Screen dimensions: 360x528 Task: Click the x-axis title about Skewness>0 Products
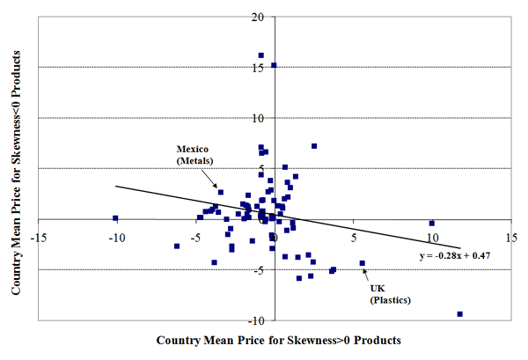click(x=279, y=340)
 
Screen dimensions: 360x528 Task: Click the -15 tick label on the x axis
click(x=39, y=237)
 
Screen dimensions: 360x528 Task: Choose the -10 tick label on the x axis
click(x=115, y=237)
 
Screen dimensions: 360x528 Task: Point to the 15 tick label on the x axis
click(x=510, y=237)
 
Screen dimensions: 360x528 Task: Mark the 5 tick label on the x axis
click(x=354, y=237)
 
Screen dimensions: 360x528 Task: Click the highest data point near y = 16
click(x=261, y=55)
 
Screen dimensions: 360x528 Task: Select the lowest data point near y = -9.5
click(x=460, y=314)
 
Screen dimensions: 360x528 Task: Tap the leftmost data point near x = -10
click(x=115, y=218)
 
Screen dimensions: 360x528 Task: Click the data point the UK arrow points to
click(x=363, y=263)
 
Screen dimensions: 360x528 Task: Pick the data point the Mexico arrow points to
click(x=221, y=192)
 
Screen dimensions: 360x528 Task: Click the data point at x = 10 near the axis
click(x=432, y=223)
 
